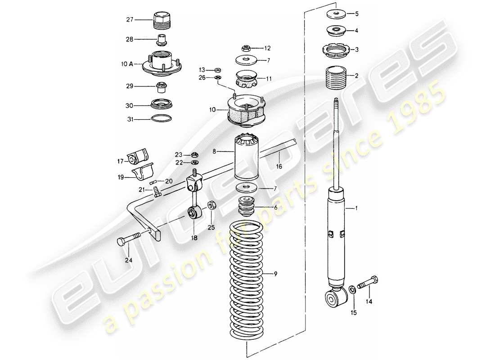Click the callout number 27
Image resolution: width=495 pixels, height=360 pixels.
(130, 19)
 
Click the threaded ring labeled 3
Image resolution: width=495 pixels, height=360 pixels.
(336, 48)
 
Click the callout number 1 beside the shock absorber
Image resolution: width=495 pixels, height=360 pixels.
(357, 208)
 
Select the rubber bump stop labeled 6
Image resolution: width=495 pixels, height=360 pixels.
(247, 207)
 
